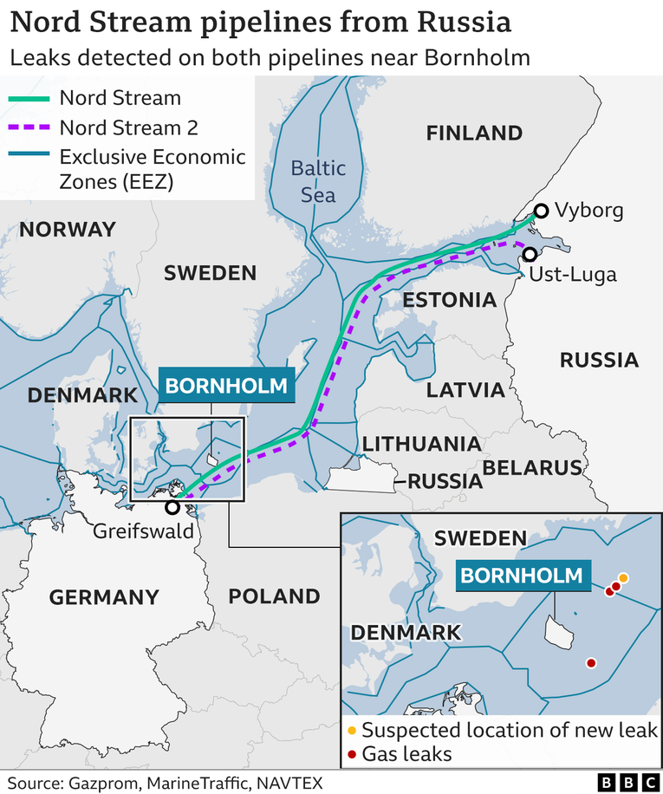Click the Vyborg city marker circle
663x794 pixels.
pos(541,211)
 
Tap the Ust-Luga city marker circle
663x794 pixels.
pos(529,254)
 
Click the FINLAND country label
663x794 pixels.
pos(474,133)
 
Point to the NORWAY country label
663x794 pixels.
pos(67,230)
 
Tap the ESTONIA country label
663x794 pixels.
pos(449,301)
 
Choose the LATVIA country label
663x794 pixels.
pos(465,389)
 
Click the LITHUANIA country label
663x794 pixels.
pos(421,444)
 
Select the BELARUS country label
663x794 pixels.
pos(532,468)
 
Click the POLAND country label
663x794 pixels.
pos(274,596)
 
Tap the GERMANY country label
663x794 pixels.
pos(104,597)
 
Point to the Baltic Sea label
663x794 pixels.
pos(318,180)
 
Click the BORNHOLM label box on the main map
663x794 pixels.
pos(226,385)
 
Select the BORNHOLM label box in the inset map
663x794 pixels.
pos(521,575)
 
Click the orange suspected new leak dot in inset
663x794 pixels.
pos(623,577)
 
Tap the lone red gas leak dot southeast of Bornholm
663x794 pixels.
pos(591,663)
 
